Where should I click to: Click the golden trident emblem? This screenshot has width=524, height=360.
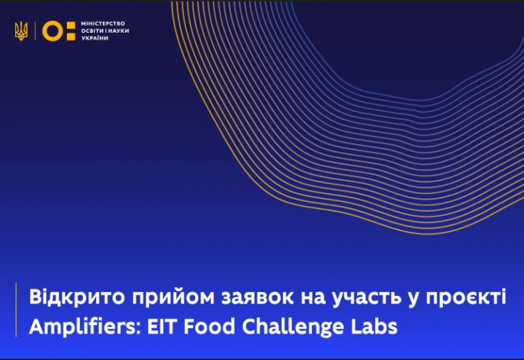tap(21, 31)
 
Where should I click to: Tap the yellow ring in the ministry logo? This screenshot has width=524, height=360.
tap(53, 31)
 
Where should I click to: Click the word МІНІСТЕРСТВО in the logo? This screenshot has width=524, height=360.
tap(103, 23)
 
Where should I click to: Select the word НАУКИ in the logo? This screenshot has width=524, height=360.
tap(118, 31)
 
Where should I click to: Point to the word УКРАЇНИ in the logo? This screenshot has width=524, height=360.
tap(95, 38)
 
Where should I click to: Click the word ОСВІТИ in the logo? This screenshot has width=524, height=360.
tap(91, 31)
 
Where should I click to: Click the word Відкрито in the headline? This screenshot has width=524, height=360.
tap(77, 297)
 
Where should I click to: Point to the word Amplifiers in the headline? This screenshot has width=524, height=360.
tap(83, 327)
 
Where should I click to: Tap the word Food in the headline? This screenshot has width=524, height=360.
tap(209, 327)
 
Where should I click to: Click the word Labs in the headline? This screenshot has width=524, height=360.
tap(375, 327)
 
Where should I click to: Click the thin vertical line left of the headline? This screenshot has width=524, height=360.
tap(16, 310)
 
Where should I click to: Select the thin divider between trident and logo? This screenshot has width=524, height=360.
tap(35, 31)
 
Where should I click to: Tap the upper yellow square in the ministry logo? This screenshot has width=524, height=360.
tap(71, 25)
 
